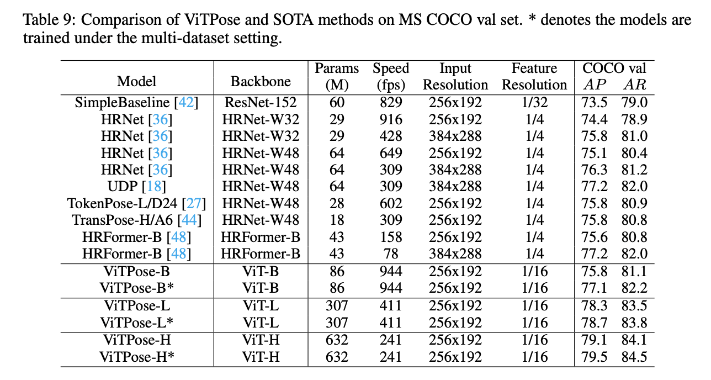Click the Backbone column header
click(261, 82)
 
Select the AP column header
click(595, 85)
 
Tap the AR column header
click(635, 85)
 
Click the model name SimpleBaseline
click(121, 103)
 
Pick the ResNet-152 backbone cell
click(261, 103)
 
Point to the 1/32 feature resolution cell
click(534, 103)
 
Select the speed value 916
click(391, 119)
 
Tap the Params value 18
click(337, 220)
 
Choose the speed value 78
click(391, 254)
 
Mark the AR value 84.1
click(635, 340)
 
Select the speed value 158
click(391, 237)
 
